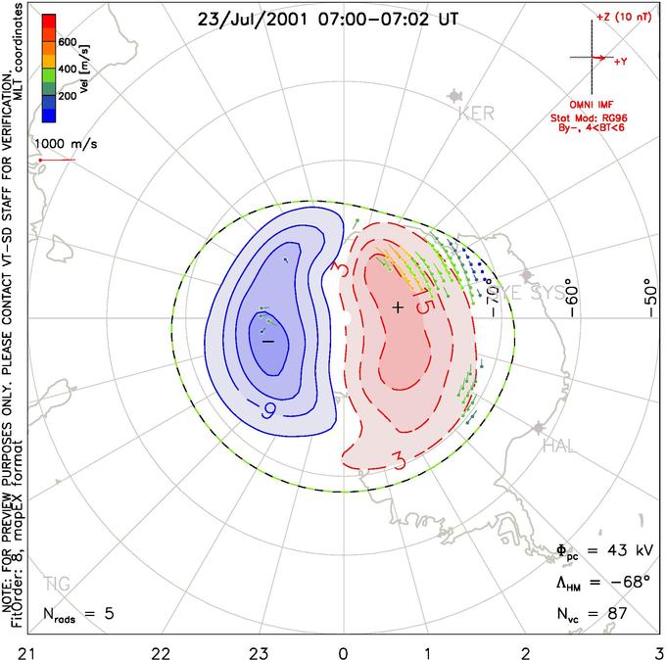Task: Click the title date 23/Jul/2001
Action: click(250, 19)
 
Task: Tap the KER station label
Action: click(476, 114)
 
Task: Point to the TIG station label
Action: click(57, 585)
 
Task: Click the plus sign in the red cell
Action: click(398, 307)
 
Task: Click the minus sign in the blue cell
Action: click(267, 341)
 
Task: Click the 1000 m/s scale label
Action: click(66, 143)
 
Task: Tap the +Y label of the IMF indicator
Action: click(620, 61)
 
